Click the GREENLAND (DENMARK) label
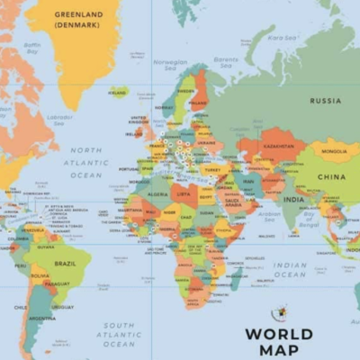(x=78, y=20)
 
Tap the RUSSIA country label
(x=325, y=101)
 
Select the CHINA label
(x=330, y=177)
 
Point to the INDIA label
(x=293, y=199)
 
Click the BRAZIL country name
(x=65, y=264)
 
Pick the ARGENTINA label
(x=41, y=319)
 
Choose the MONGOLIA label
(x=334, y=151)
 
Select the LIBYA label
(x=184, y=193)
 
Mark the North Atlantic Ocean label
(x=86, y=163)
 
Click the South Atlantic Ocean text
(x=119, y=335)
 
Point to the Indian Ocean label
(x=290, y=270)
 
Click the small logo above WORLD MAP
(x=280, y=313)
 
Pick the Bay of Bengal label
(x=311, y=217)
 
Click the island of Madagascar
(x=236, y=278)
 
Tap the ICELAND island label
(x=118, y=92)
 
